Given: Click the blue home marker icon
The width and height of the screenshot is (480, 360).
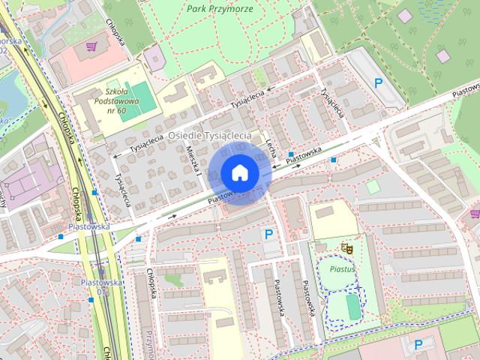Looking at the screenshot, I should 239,172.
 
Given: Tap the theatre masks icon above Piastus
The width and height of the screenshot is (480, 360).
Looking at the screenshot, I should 346,246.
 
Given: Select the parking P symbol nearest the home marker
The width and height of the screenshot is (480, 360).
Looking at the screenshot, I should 268,234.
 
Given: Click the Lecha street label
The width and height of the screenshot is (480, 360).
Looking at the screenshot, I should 271,142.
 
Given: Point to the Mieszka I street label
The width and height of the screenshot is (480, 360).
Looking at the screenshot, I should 192,160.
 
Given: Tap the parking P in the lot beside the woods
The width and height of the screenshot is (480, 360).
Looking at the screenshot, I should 379,83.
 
